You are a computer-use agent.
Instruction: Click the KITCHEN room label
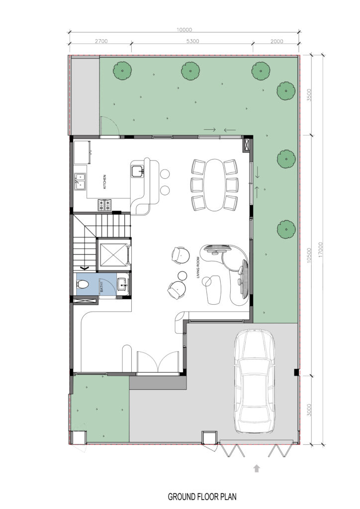pos(104,182)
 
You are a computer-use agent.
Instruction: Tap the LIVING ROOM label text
pos(197,267)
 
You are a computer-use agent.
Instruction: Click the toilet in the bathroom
pos(83,285)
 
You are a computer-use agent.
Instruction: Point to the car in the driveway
pos(254,381)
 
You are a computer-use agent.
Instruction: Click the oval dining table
pos(214,185)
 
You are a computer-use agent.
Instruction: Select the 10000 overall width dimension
pos(184,29)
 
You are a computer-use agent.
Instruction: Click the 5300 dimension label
pos(192,41)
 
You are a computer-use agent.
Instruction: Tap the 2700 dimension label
pos(101,41)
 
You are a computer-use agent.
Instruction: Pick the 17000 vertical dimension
pos(321,250)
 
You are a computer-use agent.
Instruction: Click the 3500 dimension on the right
pos(309,95)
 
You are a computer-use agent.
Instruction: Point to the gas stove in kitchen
pos(104,204)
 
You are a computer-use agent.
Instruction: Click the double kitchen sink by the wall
pos(80,181)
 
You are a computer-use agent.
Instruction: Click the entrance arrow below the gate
pos(257,468)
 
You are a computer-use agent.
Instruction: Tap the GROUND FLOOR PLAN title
pos(202,497)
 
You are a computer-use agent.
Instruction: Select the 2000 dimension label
pos(276,41)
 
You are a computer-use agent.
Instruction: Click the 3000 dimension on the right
pos(309,410)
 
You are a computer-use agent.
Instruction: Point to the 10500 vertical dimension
pos(309,255)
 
